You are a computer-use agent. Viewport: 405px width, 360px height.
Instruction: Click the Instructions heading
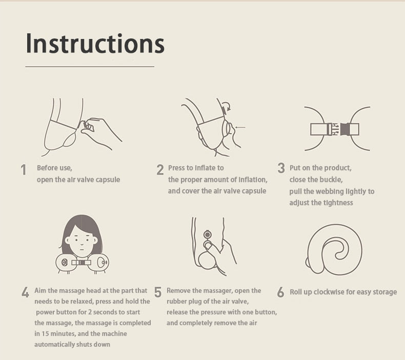pyautogui.click(x=95, y=43)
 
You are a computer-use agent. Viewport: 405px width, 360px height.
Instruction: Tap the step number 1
pyautogui.click(x=24, y=170)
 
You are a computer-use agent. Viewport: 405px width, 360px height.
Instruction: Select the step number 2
pyautogui.click(x=160, y=170)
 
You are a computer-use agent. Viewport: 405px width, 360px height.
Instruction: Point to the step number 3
pyautogui.click(x=281, y=168)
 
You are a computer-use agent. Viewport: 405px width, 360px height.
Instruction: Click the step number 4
pyautogui.click(x=25, y=292)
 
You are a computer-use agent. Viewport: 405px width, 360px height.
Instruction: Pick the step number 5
pyautogui.click(x=158, y=292)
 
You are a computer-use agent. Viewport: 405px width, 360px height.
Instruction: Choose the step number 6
pyautogui.click(x=280, y=292)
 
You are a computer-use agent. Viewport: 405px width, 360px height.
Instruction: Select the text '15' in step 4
pyautogui.click(x=45, y=334)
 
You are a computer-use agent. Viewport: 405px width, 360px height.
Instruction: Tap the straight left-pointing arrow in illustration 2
pyautogui.click(x=240, y=127)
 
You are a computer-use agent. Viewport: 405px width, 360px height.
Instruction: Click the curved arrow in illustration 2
pyautogui.click(x=226, y=106)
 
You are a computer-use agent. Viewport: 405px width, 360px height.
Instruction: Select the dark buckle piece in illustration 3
pyautogui.click(x=345, y=129)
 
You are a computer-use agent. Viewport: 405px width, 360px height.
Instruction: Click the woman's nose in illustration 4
pyautogui.click(x=82, y=243)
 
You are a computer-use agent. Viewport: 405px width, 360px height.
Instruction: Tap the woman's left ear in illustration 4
pyautogui.click(x=67, y=241)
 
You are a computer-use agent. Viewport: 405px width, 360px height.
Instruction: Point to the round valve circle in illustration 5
pyautogui.click(x=207, y=235)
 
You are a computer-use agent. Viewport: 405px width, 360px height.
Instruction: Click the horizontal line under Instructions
pyautogui.click(x=90, y=67)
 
